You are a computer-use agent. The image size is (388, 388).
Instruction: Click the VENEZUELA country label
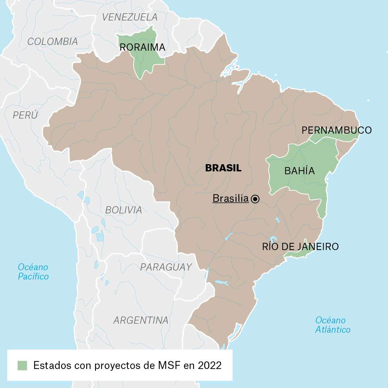(130, 17)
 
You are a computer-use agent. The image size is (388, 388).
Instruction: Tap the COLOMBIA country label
(52, 41)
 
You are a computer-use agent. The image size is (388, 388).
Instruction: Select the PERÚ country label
(25, 115)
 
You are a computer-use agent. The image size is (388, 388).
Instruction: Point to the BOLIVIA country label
(123, 210)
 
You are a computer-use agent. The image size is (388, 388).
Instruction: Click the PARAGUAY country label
(166, 267)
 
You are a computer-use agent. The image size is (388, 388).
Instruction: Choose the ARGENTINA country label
(141, 320)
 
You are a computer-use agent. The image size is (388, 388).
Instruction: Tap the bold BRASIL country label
(223, 168)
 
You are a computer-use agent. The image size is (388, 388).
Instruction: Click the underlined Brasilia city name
(230, 198)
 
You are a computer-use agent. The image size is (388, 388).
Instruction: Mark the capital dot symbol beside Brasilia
(255, 199)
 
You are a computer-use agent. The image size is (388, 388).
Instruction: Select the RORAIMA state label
(142, 47)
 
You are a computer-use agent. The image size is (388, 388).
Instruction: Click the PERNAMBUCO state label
(337, 130)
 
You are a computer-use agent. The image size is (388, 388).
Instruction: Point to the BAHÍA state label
(299, 171)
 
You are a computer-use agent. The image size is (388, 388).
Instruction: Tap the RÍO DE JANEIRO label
(300, 246)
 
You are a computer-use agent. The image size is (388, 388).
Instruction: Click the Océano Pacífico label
(33, 272)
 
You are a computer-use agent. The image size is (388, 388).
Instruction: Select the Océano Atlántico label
(333, 325)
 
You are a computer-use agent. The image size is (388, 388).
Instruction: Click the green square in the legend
(22, 365)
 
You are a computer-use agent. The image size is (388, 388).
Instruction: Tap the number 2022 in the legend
(209, 365)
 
